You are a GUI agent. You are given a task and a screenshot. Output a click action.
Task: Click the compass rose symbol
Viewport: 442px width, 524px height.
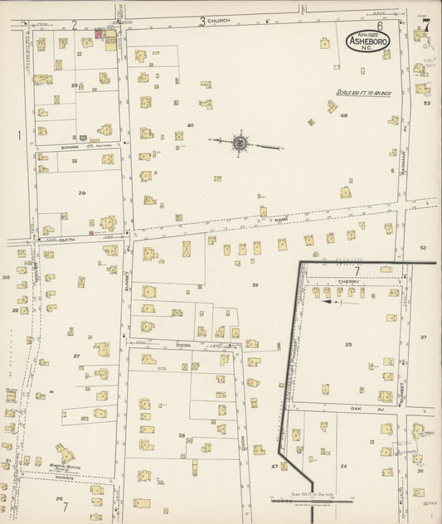point(240,143)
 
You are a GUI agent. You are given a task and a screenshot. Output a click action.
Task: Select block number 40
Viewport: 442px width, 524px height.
point(190,125)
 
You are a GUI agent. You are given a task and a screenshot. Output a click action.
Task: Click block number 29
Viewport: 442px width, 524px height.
point(74,85)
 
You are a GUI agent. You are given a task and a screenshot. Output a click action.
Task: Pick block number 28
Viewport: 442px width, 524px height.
point(81,192)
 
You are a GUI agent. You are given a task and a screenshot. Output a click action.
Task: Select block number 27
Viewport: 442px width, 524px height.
point(75,357)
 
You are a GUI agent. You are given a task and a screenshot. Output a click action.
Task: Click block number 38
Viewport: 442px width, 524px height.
point(181,435)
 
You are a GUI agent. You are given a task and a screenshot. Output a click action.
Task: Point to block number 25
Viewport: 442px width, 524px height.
point(348,344)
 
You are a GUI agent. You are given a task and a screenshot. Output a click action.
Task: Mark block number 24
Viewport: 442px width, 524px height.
point(342,466)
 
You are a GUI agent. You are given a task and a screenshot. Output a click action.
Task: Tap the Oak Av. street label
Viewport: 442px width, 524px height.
point(358,408)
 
